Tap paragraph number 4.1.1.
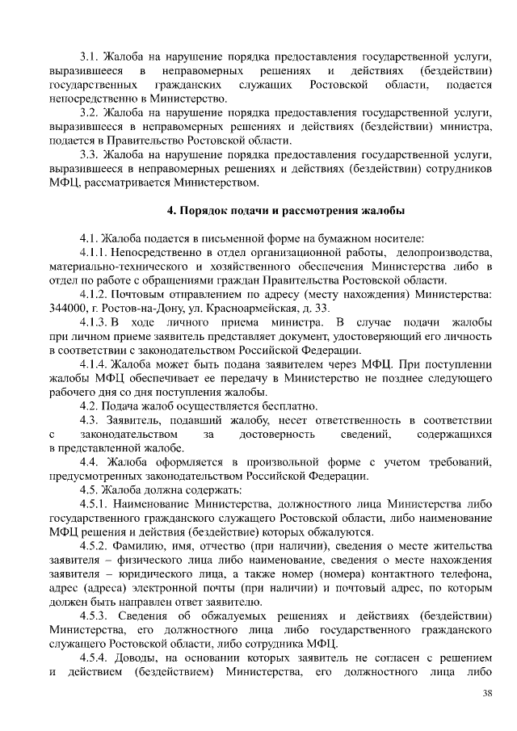[95, 253]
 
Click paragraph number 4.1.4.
[95, 363]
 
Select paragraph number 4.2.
[90, 405]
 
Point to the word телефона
[465, 574]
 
